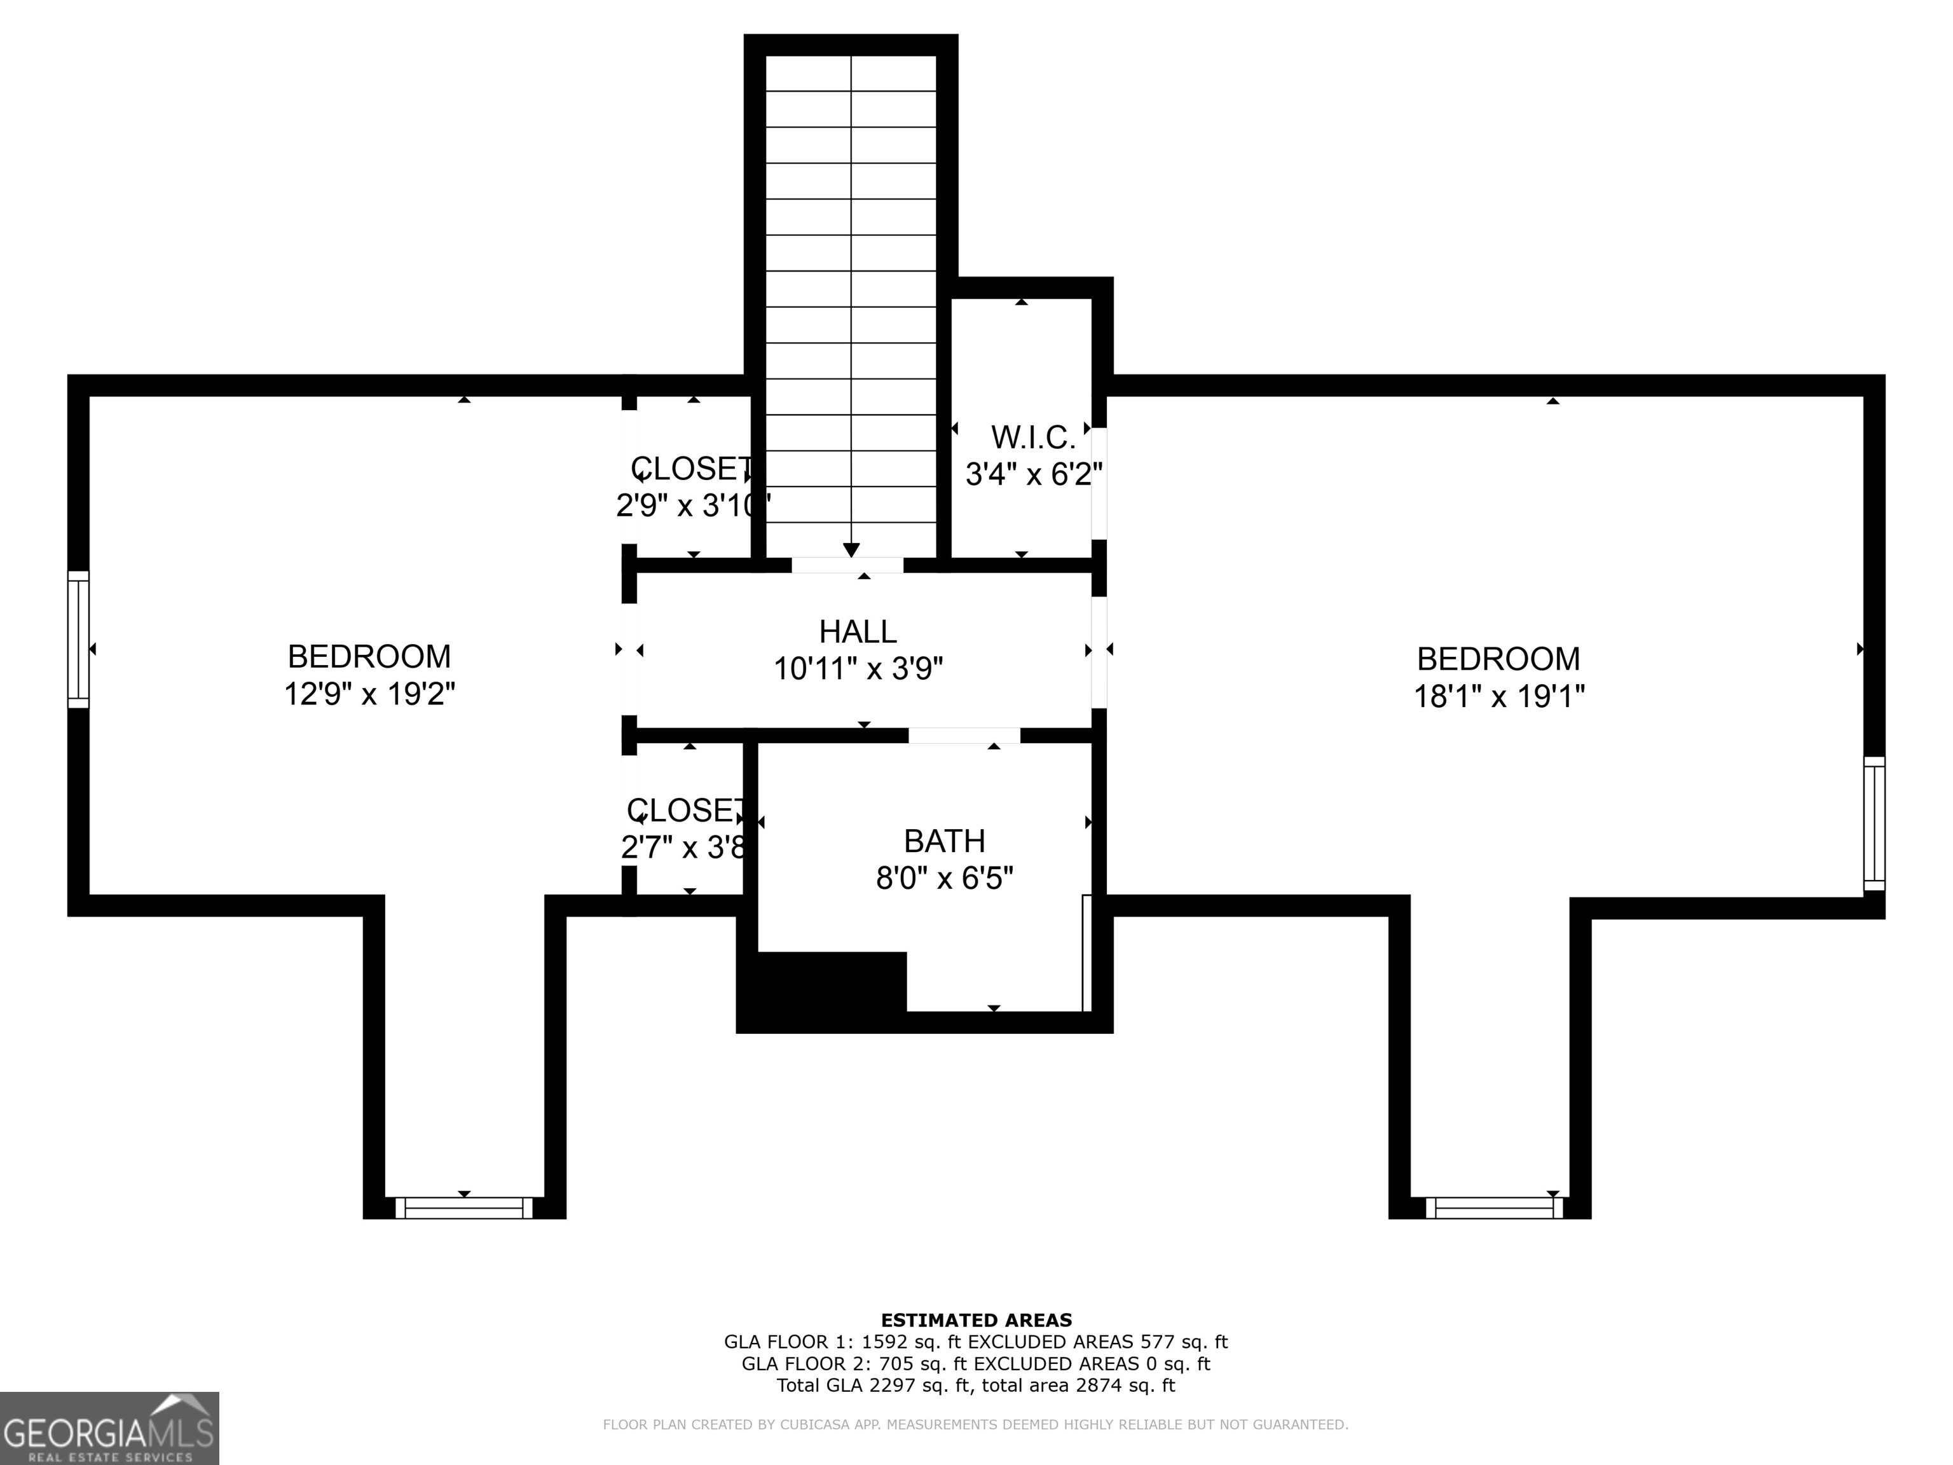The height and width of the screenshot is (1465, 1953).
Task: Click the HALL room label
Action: coord(858,632)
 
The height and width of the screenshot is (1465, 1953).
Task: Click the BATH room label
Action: coord(944,841)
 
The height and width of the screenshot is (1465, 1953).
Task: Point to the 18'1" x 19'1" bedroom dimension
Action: coord(1499,697)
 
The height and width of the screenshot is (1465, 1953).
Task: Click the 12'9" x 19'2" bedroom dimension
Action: coord(369,694)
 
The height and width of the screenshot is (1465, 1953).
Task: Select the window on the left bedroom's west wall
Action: coord(79,639)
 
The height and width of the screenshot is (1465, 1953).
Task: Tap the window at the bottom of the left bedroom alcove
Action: coord(463,1208)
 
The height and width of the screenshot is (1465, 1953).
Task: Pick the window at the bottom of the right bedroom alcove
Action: coord(1494,1208)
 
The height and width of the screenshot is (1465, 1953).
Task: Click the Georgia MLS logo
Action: coord(109,1428)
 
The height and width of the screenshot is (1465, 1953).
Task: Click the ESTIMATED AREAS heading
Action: coord(976,1320)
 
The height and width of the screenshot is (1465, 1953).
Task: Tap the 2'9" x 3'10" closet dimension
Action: coord(693,506)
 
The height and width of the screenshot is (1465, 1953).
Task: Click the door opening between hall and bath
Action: coord(964,736)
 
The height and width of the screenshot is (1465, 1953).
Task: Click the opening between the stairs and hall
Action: coord(847,565)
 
